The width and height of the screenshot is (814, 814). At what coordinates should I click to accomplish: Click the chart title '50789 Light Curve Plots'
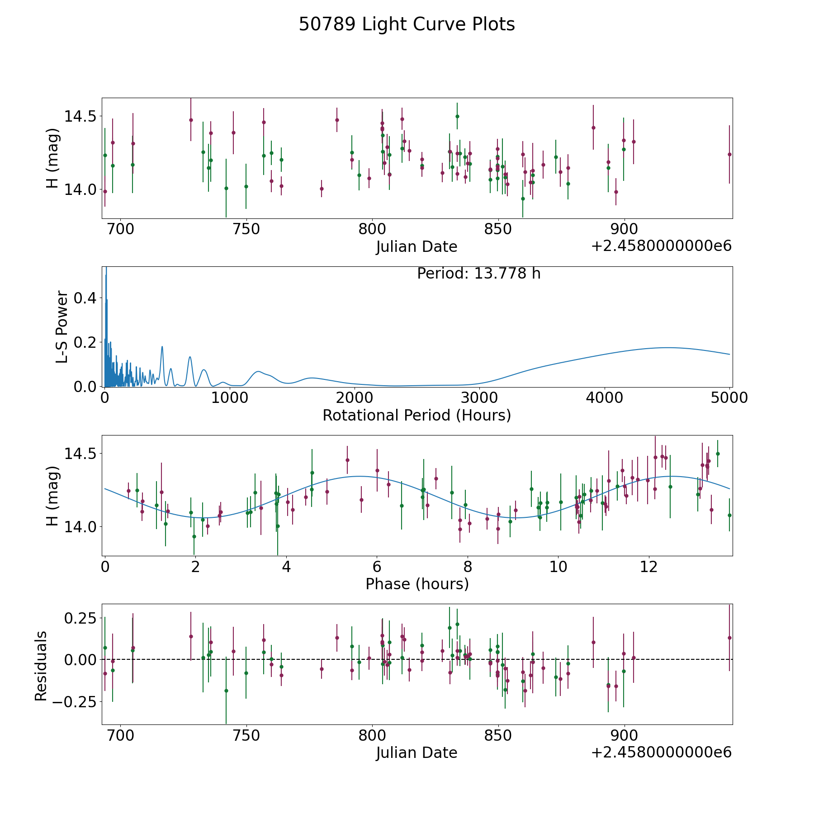pyautogui.click(x=407, y=24)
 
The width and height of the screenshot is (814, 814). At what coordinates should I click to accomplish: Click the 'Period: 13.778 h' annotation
pyautogui.click(x=478, y=274)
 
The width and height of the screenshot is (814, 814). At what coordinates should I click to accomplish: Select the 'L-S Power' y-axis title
pyautogui.click(x=62, y=327)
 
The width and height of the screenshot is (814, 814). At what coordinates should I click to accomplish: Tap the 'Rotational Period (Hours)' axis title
pyautogui.click(x=416, y=415)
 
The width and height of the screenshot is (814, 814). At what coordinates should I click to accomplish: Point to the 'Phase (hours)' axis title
pyautogui.click(x=417, y=584)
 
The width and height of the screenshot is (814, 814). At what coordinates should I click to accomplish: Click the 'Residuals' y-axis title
pyautogui.click(x=41, y=666)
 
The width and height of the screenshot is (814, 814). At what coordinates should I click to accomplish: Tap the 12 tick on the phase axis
pyautogui.click(x=648, y=567)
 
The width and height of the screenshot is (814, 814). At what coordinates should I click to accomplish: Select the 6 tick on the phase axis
pyautogui.click(x=377, y=567)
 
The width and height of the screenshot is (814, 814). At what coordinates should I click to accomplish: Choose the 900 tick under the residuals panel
pyautogui.click(x=624, y=735)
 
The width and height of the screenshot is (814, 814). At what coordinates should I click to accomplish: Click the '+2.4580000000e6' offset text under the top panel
pyautogui.click(x=661, y=246)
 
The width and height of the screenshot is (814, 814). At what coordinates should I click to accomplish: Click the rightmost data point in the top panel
pyautogui.click(x=729, y=154)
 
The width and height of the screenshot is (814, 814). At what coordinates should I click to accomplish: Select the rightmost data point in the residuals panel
pyautogui.click(x=729, y=638)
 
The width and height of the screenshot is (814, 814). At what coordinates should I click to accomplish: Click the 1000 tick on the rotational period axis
pyautogui.click(x=230, y=398)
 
